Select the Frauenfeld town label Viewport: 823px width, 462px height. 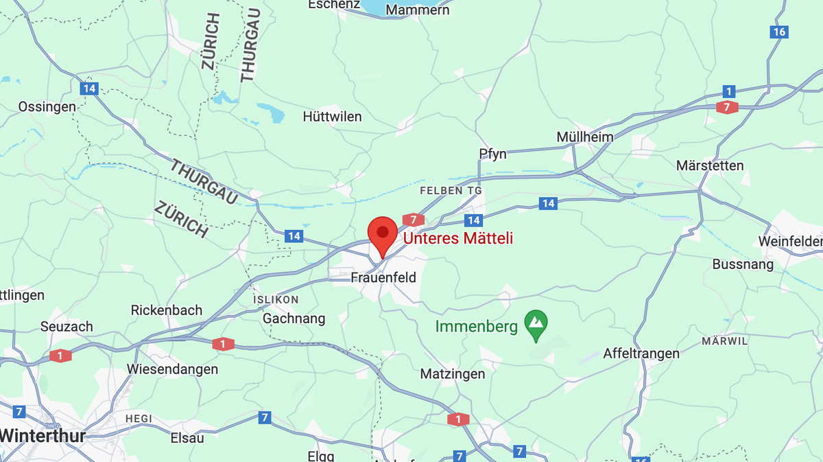click(383, 277)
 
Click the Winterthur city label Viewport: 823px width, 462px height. click(43, 435)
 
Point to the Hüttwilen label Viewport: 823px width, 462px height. click(332, 117)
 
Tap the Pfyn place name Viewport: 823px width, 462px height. click(492, 154)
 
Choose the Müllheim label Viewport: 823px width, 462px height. click(584, 137)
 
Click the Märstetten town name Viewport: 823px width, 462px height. click(710, 165)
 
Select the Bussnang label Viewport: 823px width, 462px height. click(743, 264)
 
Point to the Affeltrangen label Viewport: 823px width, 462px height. click(641, 354)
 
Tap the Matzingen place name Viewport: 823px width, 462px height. click(452, 374)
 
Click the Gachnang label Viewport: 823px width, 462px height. click(294, 319)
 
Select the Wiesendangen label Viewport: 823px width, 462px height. click(172, 369)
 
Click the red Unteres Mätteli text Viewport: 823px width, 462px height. click(457, 238)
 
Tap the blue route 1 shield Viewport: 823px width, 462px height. click(728, 91)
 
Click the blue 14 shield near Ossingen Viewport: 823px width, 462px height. click(88, 89)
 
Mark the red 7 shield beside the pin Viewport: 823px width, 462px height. click(413, 220)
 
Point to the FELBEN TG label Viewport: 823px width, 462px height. click(451, 190)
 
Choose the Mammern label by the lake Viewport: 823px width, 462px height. click(418, 10)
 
